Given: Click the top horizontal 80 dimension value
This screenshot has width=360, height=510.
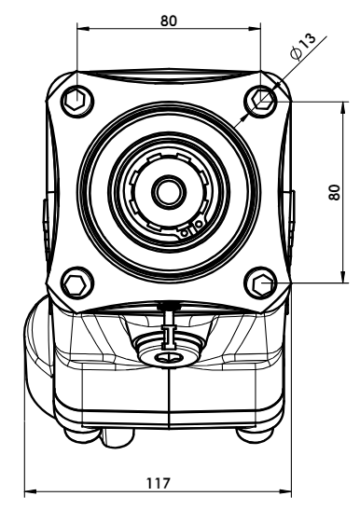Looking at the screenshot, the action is pos(169,21).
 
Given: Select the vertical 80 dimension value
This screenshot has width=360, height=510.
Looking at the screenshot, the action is pos(335,192).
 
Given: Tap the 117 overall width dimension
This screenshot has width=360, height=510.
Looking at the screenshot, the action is pos(159,483).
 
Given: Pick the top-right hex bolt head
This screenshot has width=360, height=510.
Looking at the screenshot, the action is pos(261,100).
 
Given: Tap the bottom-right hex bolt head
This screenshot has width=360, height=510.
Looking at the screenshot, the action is pos(261,283).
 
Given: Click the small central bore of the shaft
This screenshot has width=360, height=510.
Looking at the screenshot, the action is pos(169,192).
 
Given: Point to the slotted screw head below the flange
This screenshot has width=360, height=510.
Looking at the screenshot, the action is pos(169,358).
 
